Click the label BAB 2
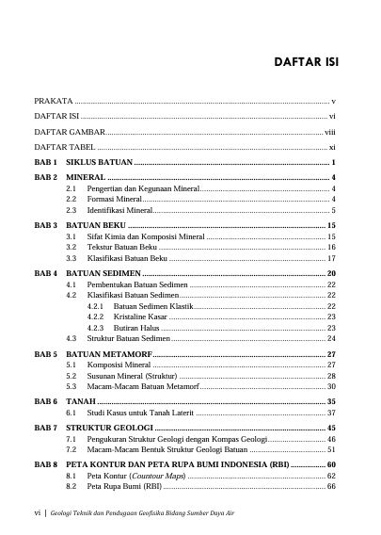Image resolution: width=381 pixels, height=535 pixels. [x=46, y=177]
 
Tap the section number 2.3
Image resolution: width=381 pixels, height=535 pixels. [x=71, y=211]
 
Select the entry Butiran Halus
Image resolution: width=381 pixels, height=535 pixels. [x=135, y=327]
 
